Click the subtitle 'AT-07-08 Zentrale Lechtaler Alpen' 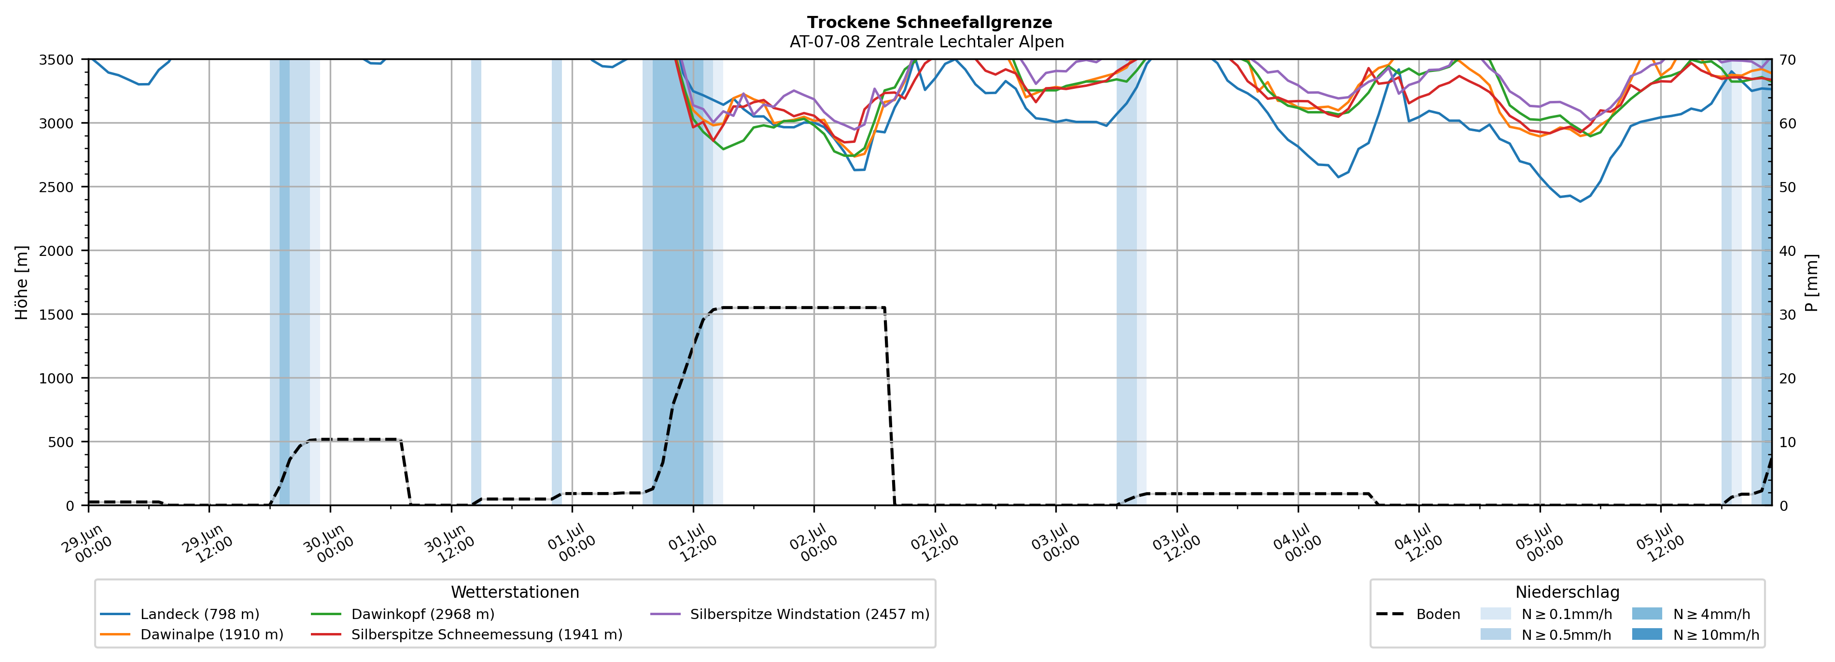point(927,42)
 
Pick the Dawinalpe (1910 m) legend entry point(192,634)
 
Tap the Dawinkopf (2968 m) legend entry point(403,614)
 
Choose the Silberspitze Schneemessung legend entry point(466,634)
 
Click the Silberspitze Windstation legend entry point(790,614)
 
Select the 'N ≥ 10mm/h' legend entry point(1695,634)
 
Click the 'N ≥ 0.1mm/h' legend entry point(1546,614)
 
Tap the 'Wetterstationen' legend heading point(515,592)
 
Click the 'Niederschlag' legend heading point(1567,592)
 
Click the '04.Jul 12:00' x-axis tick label point(1418,544)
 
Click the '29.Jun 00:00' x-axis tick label point(87,544)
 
